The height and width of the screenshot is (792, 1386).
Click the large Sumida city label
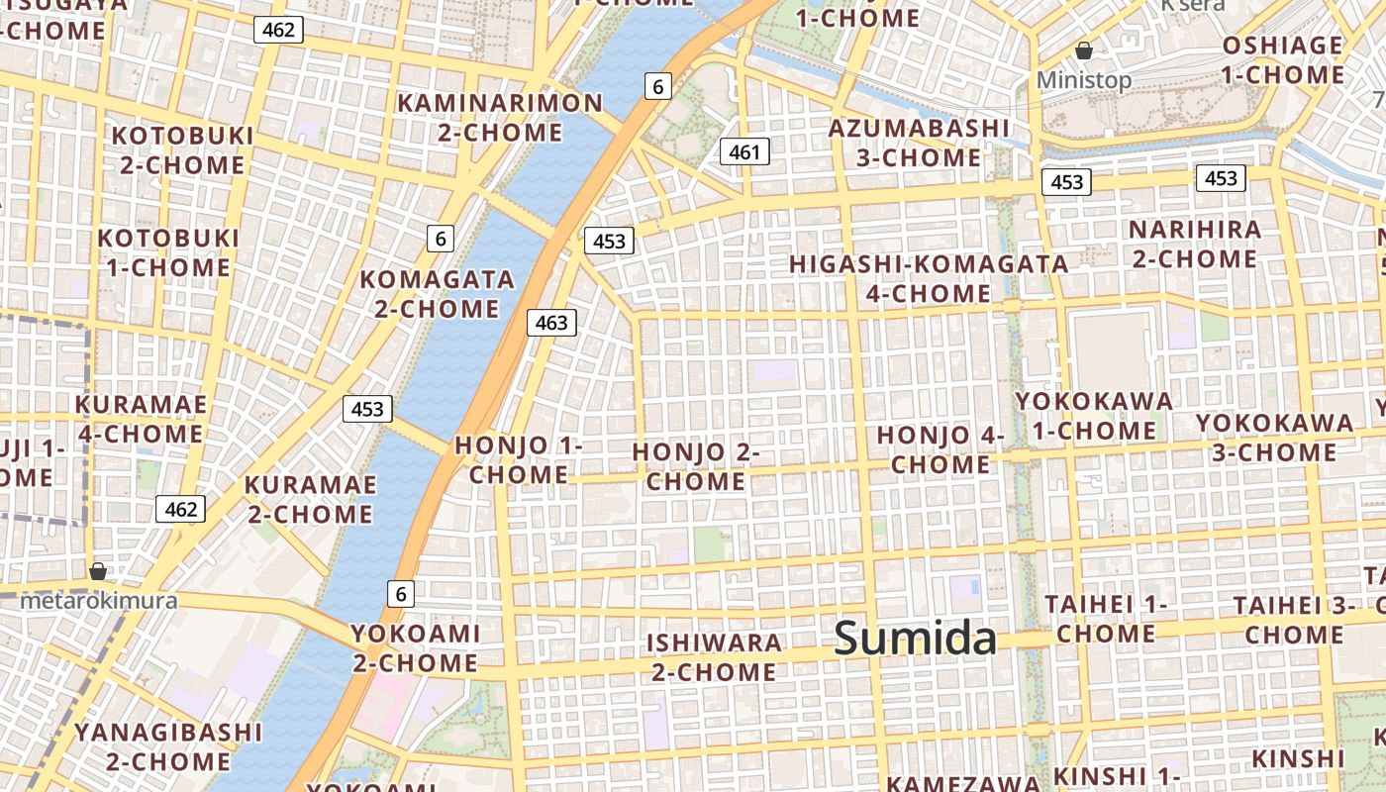(x=915, y=638)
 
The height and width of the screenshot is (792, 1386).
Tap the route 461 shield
(x=744, y=151)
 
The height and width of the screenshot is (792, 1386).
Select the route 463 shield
(x=551, y=322)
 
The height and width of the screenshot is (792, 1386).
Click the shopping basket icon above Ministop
(x=1084, y=50)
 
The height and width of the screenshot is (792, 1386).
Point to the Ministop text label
(x=1084, y=79)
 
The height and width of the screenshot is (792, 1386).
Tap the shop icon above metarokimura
(x=98, y=571)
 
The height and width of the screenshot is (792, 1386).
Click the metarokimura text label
(x=99, y=600)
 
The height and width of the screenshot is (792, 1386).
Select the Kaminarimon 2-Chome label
(x=500, y=118)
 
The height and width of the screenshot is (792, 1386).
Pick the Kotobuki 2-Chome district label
(x=182, y=149)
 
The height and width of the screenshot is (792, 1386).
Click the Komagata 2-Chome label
(x=438, y=294)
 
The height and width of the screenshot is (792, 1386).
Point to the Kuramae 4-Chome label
(x=141, y=419)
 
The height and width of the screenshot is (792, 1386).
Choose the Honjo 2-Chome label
(x=696, y=466)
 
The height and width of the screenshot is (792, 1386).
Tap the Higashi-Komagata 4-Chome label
(x=929, y=278)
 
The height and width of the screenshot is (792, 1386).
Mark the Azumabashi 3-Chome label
(x=919, y=143)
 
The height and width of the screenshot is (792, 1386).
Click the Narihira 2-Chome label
(x=1195, y=244)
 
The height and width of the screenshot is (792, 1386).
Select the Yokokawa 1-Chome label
(x=1094, y=416)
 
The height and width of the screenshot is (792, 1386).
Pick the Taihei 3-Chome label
(x=1294, y=619)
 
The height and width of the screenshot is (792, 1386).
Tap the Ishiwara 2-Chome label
(x=714, y=656)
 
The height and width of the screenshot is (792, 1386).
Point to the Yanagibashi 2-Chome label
(x=168, y=746)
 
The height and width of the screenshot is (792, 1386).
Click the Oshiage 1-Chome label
(x=1282, y=59)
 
